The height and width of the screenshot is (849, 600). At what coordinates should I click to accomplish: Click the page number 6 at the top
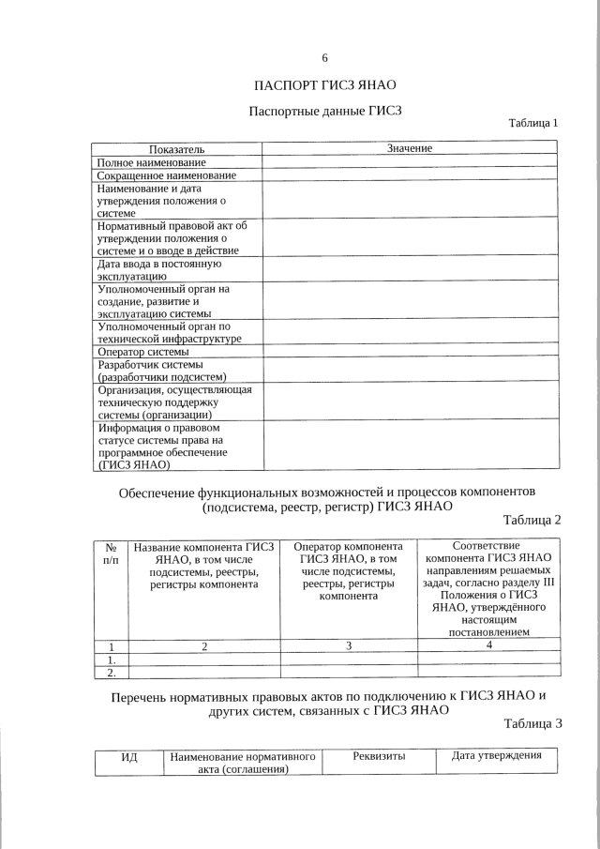pos(324,58)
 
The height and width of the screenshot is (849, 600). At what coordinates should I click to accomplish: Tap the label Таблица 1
pos(532,123)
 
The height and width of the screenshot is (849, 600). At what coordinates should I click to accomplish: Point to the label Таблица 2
pos(532,520)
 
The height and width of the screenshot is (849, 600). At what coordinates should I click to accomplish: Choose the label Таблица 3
pos(532,723)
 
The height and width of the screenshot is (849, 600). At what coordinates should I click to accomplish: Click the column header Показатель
pos(176,148)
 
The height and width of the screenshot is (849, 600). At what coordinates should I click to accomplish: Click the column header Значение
pos(409,148)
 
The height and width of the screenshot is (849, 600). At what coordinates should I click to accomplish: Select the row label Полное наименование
pos(152,162)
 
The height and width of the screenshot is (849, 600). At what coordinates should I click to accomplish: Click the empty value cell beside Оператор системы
pos(409,352)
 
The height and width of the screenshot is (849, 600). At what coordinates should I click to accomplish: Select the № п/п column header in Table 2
pos(111,553)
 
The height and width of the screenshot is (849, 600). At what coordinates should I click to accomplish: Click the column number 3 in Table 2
pos(348,645)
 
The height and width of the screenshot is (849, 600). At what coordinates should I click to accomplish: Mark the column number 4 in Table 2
pos(488,644)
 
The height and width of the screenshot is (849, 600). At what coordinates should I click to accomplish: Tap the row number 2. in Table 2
pos(111,672)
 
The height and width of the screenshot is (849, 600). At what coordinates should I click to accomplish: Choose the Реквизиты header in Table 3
pos(379,756)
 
